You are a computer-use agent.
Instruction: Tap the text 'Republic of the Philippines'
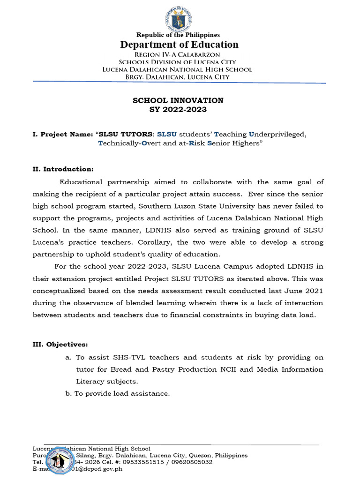178,35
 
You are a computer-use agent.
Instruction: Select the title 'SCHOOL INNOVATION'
178,100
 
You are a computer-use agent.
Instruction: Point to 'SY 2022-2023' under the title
178,110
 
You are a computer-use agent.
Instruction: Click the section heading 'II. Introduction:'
63,169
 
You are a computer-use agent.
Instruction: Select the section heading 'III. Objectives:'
60,345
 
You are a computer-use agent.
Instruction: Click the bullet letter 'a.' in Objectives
68,357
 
